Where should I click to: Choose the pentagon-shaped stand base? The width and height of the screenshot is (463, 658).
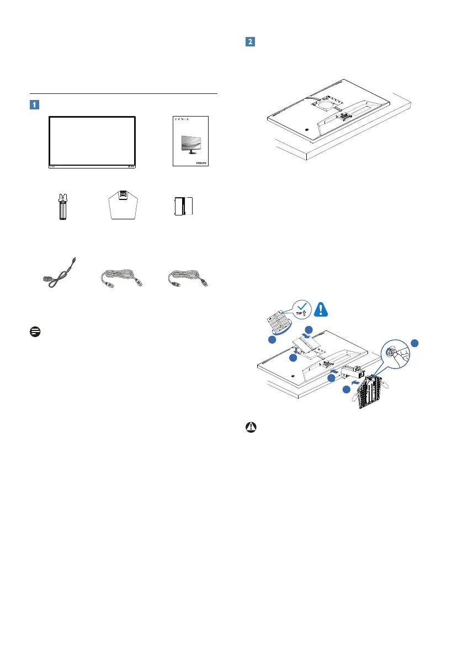click(x=124, y=204)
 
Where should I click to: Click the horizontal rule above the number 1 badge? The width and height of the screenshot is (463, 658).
click(x=124, y=94)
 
